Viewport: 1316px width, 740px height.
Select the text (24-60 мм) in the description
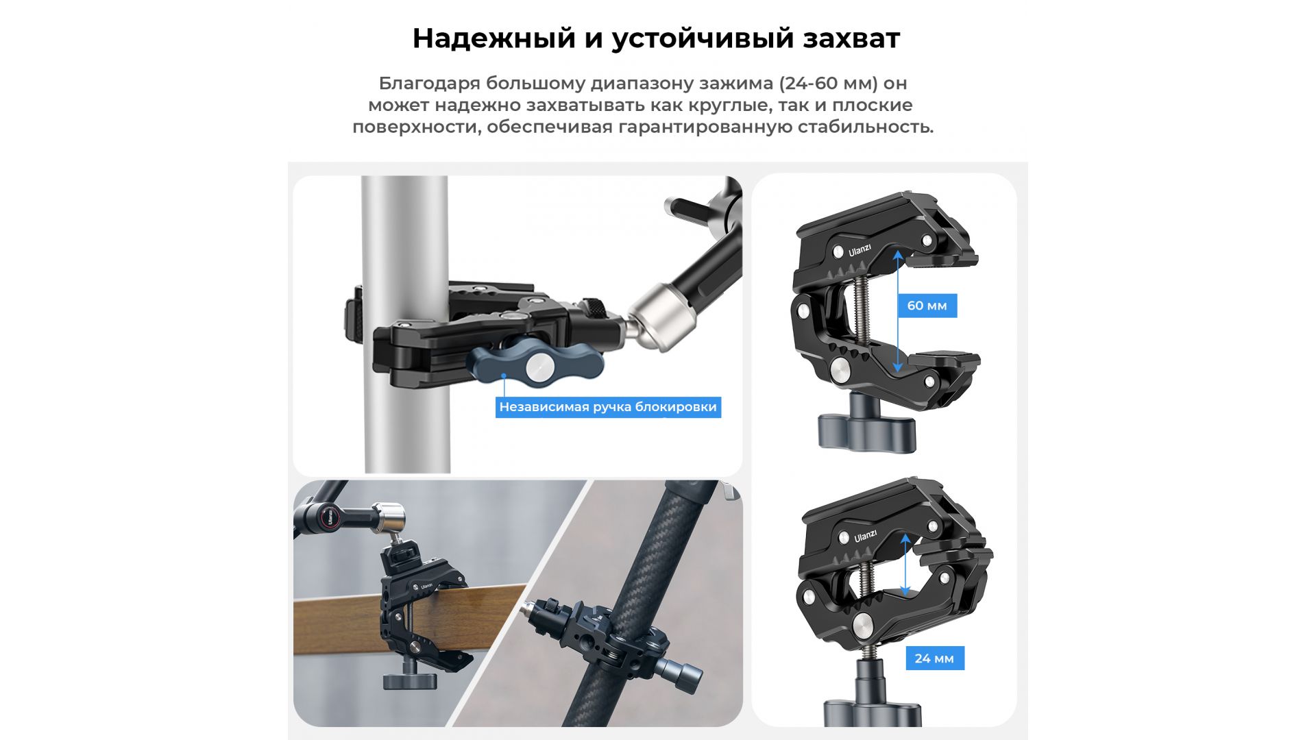(829, 84)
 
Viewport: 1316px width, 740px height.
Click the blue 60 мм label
(927, 306)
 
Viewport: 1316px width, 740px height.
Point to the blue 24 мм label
(934, 658)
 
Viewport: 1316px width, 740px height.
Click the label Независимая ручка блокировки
(608, 407)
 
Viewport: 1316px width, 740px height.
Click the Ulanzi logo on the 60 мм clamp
(860, 250)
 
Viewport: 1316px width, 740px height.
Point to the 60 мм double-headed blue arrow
(898, 311)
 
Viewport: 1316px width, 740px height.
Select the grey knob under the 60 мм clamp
(866, 430)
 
